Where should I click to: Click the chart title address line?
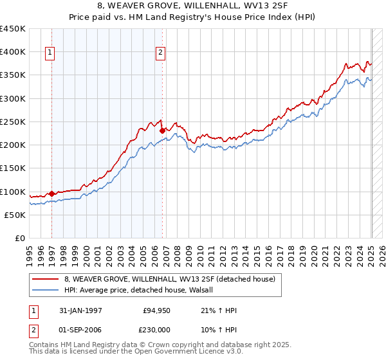point(192,6)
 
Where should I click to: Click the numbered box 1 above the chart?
point(50,53)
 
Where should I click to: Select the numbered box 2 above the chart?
point(160,53)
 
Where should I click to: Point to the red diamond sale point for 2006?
point(162,130)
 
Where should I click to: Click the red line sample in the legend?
point(44,279)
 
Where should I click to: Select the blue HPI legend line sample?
point(44,290)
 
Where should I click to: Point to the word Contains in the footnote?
point(46,346)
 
